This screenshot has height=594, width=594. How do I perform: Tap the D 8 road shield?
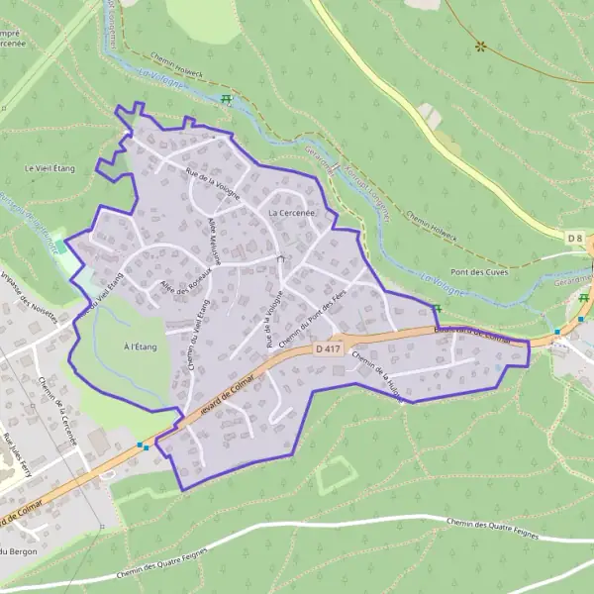click(575, 239)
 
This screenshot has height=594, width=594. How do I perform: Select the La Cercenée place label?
click(291, 213)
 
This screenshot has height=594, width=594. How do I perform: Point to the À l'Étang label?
click(141, 346)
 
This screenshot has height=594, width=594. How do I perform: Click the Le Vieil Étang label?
click(44, 168)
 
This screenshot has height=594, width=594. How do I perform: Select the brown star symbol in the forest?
click(480, 46)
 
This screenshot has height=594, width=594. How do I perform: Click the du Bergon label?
click(18, 550)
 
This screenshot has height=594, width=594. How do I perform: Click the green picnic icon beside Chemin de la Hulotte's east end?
click(436, 309)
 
